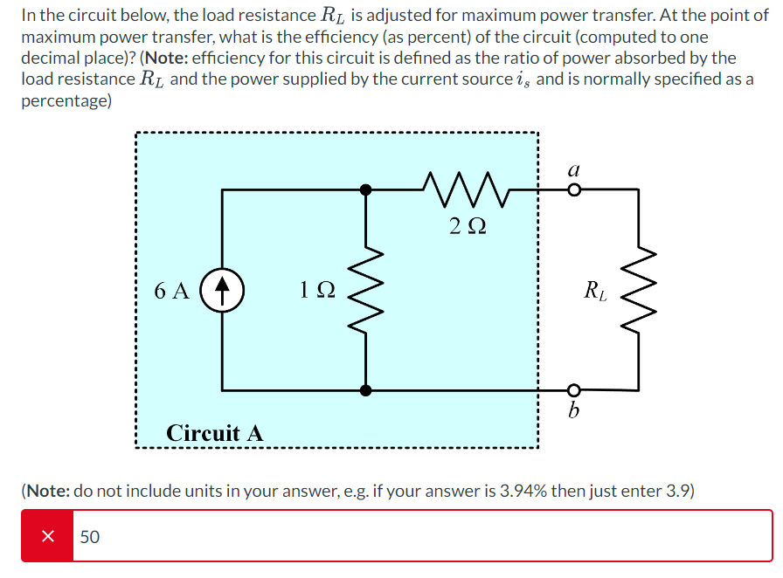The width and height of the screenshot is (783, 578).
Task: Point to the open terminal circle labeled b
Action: [573, 389]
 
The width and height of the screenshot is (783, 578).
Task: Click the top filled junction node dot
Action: [366, 189]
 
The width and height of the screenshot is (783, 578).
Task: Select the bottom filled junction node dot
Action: [366, 389]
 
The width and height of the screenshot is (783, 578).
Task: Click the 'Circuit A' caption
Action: [214, 433]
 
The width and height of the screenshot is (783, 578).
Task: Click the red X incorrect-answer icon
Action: [48, 536]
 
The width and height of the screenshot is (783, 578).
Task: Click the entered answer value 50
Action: [90, 537]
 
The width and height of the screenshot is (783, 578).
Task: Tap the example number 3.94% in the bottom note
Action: [523, 491]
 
